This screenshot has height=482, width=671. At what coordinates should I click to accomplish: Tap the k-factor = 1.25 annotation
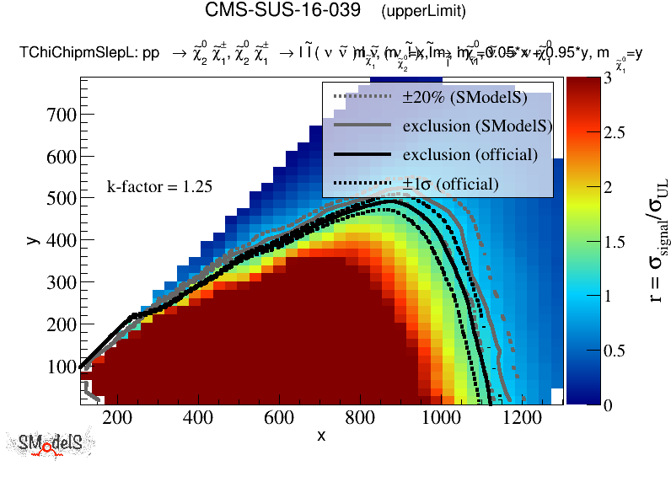click(158, 186)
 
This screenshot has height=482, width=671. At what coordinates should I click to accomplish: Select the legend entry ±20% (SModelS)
click(465, 98)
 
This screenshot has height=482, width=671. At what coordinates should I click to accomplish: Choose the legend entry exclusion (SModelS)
click(477, 126)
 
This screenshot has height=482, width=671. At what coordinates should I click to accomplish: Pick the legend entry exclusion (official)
click(470, 155)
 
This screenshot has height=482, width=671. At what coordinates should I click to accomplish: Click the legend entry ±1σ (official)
click(450, 184)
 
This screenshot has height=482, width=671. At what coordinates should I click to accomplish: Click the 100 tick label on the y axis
click(65, 367)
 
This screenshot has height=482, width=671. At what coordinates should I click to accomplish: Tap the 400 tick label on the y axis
click(65, 240)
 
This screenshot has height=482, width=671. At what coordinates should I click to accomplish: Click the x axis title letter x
click(321, 436)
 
